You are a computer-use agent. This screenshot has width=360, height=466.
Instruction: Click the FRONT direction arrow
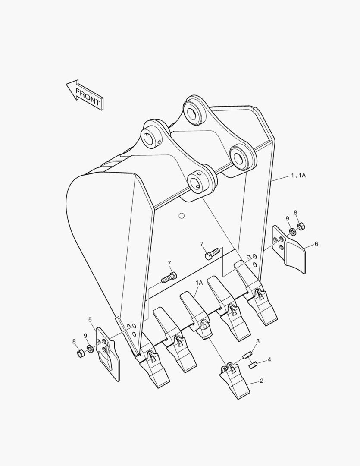tap(85, 94)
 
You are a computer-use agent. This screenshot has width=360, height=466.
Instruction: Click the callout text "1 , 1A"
tap(299, 175)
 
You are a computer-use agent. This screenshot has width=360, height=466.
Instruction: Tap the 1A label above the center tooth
tap(199, 283)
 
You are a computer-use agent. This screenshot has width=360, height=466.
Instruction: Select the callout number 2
tap(261, 381)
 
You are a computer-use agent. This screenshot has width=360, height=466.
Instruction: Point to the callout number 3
tap(258, 341)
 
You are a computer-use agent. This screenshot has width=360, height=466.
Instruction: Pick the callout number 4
tap(269, 359)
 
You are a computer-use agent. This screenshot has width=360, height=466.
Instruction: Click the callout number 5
tap(90, 320)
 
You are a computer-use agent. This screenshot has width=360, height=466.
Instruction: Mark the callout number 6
tap(316, 244)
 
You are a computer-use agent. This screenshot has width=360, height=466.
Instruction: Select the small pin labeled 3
tap(247, 356)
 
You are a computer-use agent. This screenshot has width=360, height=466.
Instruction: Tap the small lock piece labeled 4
tap(253, 365)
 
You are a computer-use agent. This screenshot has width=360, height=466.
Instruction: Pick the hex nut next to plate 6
tap(301, 226)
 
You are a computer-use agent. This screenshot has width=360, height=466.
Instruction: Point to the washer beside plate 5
tap(90, 348)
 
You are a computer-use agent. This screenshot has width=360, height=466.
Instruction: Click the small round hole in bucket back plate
tap(182, 215)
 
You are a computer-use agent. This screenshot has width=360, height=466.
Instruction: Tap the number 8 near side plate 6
tap(295, 212)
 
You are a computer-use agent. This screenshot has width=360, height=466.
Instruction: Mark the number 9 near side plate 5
tap(85, 336)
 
